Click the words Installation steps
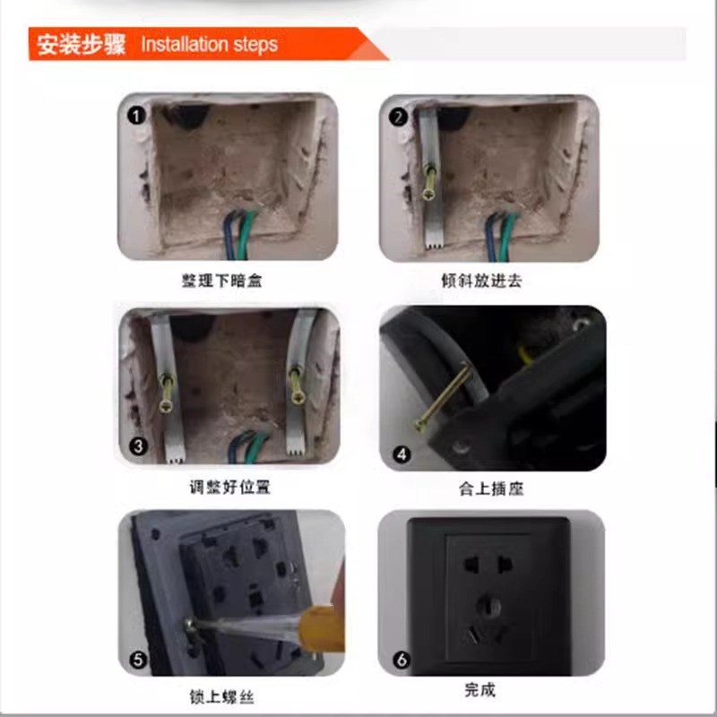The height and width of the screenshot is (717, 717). tap(209, 44)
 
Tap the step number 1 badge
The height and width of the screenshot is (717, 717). tap(135, 116)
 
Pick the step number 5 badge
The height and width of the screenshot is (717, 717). tap(137, 661)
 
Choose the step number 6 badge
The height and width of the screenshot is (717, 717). tap(401, 661)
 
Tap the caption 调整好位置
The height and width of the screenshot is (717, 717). tap(229, 488)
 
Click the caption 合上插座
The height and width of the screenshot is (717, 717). tap(490, 489)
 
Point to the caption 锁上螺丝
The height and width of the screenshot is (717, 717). tap(229, 696)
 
